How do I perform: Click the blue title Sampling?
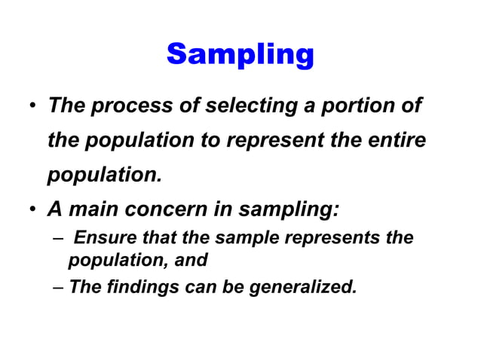pos(240,54)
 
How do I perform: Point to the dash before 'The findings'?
pos(59,286)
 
